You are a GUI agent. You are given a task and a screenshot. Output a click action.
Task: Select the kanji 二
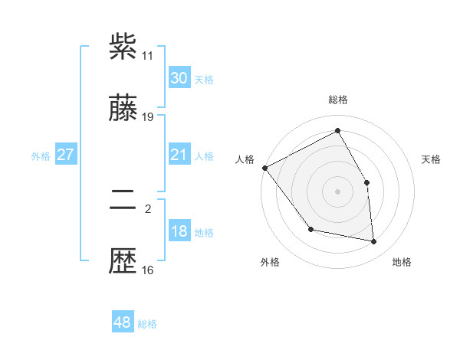point(123,201)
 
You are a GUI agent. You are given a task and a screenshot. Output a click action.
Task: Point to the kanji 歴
point(123,263)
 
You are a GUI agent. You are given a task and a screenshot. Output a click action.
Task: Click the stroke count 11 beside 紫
point(148,56)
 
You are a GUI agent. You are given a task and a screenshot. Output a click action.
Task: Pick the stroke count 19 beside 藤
point(148,117)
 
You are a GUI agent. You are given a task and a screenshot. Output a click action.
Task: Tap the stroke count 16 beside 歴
point(148,270)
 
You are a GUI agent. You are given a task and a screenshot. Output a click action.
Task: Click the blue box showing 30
point(179,78)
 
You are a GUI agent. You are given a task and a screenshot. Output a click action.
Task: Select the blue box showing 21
point(179,155)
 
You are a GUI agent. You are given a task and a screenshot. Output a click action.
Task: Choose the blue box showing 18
point(179,231)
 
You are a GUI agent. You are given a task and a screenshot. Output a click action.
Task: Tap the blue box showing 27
point(65,155)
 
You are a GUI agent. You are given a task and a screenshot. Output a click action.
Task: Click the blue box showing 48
point(122,322)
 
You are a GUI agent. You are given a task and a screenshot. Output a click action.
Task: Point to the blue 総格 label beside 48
point(147,324)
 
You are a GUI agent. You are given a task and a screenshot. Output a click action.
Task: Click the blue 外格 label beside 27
point(41,156)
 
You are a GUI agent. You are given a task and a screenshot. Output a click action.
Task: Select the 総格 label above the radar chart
point(338,100)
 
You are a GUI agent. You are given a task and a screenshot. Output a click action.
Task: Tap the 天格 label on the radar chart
point(432,159)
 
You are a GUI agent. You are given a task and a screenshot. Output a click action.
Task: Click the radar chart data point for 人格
point(264,168)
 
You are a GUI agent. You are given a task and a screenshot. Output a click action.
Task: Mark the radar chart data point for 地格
point(374,242)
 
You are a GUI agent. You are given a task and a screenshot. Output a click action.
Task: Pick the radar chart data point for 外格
point(310,229)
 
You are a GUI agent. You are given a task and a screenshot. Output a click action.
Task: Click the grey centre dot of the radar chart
point(338,191)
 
